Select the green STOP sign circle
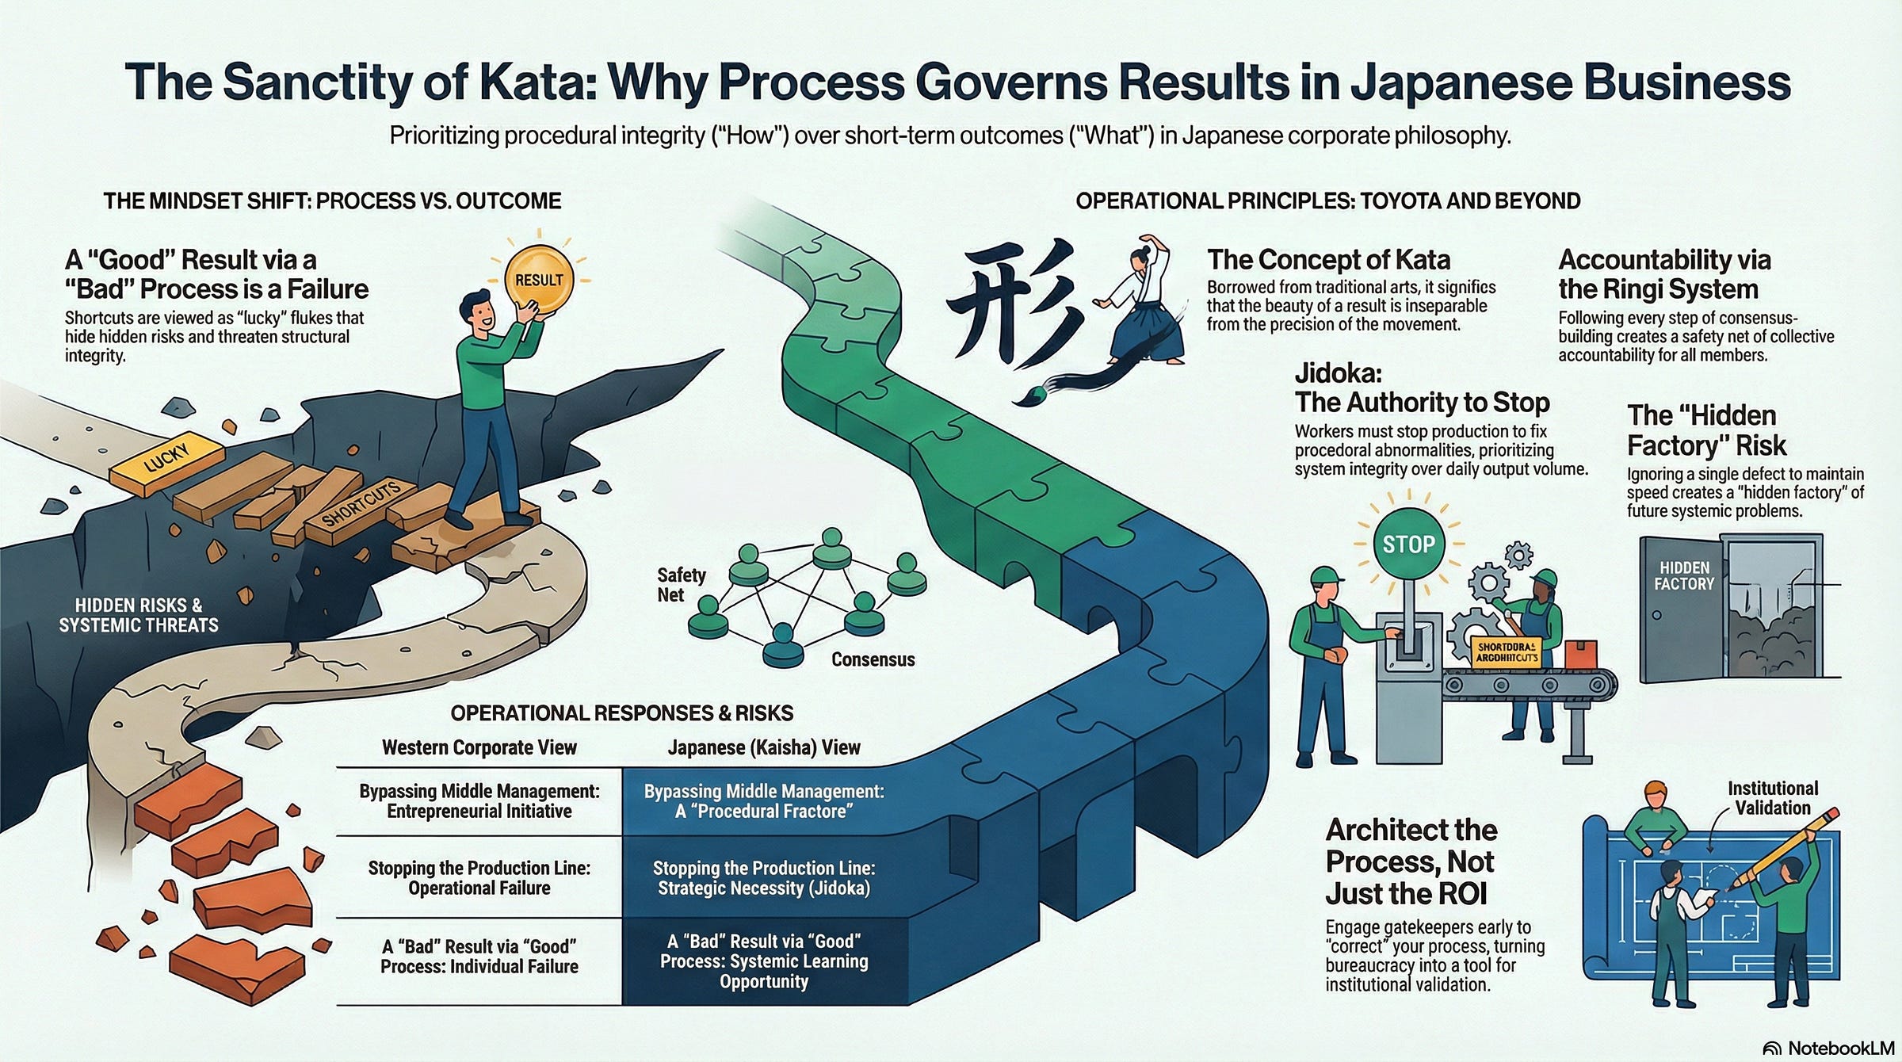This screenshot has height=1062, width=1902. point(1409,544)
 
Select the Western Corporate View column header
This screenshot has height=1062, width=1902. point(479,747)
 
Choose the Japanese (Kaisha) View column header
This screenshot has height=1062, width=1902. point(764,747)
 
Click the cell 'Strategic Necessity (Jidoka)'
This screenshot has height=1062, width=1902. point(764,878)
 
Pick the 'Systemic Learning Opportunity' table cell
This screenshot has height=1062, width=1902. point(764,961)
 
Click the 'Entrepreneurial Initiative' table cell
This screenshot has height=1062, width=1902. point(479,801)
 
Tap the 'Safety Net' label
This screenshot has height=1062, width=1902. point(680,585)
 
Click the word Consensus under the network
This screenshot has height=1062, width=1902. point(873,659)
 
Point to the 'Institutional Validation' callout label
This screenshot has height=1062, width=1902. point(1773,798)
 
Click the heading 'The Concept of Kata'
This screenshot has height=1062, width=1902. point(1329,260)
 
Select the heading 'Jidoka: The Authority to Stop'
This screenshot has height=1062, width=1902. point(1422,388)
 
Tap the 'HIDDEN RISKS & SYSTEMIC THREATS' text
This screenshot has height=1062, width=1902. point(139,615)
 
